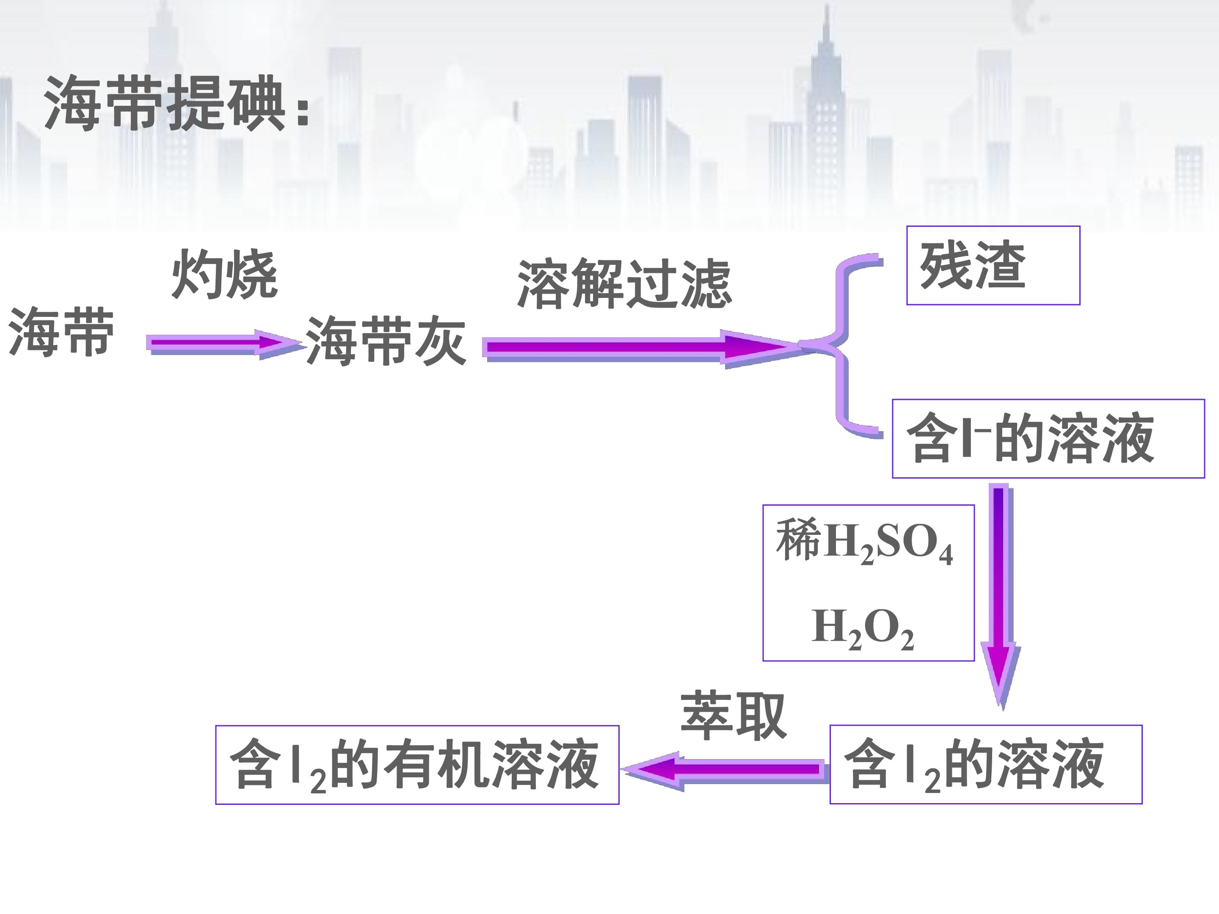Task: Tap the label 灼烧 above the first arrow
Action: tap(224, 274)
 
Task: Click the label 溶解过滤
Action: tap(624, 284)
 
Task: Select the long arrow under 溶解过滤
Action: tap(642, 348)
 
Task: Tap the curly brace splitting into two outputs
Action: tap(843, 346)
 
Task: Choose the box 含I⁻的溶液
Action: tap(1048, 438)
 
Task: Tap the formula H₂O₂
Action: tap(863, 628)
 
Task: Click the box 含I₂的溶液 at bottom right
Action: tap(986, 764)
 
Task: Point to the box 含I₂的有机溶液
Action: tap(417, 765)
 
